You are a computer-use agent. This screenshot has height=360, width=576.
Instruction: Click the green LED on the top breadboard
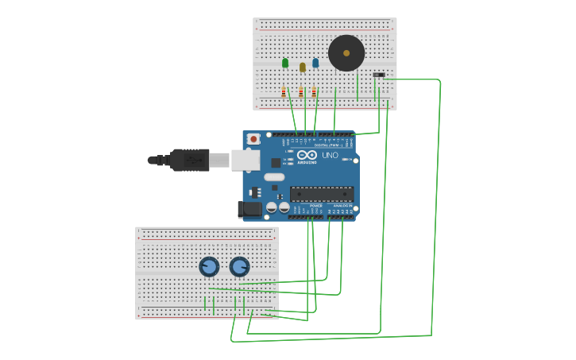[285, 63]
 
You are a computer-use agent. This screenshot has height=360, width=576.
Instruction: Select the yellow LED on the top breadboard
[303, 68]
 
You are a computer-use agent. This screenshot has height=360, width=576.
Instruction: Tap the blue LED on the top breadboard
[315, 63]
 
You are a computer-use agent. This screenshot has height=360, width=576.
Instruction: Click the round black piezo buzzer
[346, 53]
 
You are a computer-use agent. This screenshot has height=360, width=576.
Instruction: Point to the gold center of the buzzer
[346, 53]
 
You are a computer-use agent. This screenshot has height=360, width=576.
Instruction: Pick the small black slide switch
[379, 75]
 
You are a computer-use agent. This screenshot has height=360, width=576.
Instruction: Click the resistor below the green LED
[284, 92]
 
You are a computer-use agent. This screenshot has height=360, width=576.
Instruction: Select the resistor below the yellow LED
[301, 92]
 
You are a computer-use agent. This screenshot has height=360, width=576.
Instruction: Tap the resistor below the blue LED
[314, 92]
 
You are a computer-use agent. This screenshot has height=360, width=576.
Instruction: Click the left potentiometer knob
[209, 267]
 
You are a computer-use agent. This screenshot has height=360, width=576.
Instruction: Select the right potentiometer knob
[239, 267]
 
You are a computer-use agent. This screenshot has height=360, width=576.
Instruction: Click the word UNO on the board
[330, 156]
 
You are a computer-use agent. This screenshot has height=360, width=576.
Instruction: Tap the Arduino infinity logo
[307, 155]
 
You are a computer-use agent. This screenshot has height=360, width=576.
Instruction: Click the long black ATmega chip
[322, 193]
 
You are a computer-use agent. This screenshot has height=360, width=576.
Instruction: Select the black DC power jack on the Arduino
[250, 209]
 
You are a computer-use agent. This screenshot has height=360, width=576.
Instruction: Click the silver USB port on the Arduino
[245, 160]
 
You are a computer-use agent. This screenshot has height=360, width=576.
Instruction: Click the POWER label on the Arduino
[315, 206]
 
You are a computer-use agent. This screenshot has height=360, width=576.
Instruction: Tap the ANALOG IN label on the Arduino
[342, 206]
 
